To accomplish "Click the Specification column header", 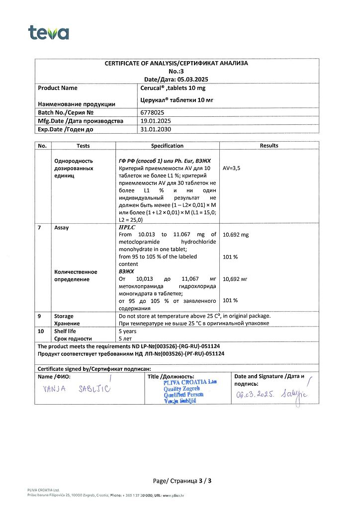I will [167, 146].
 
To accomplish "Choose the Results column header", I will [269, 146].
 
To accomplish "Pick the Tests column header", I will [83, 146].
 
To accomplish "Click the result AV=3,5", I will [232, 169].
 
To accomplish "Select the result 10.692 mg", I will [236, 235].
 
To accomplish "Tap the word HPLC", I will [128, 227].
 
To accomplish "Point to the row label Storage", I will [63, 316].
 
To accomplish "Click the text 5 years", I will [128, 331].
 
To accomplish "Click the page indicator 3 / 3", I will [205, 481].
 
